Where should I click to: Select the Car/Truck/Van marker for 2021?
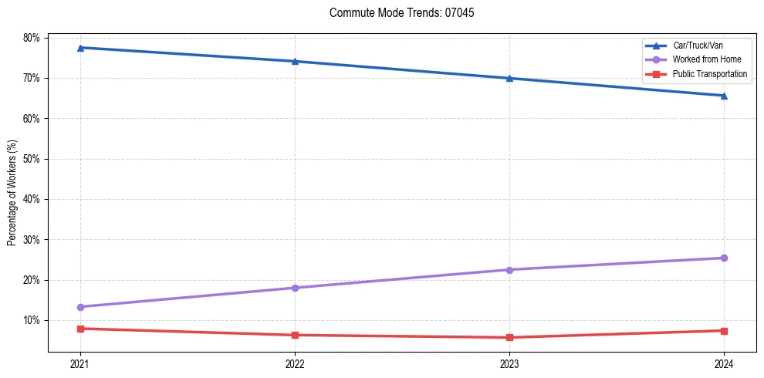[x=80, y=48]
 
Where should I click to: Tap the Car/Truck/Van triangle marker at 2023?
[x=509, y=78]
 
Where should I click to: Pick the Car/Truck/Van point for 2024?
[x=724, y=96]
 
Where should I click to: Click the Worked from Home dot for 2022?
[x=295, y=288]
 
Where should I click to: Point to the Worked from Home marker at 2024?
[x=724, y=258]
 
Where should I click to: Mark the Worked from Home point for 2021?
[x=80, y=307]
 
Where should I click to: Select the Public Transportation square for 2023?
[x=509, y=337]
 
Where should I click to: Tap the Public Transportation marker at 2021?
[x=80, y=329]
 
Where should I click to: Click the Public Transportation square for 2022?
[x=295, y=335]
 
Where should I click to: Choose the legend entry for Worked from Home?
[x=706, y=59]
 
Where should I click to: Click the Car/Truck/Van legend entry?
[x=698, y=46]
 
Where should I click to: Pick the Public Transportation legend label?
[x=710, y=74]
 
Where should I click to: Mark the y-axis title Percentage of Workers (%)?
[x=12, y=192]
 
